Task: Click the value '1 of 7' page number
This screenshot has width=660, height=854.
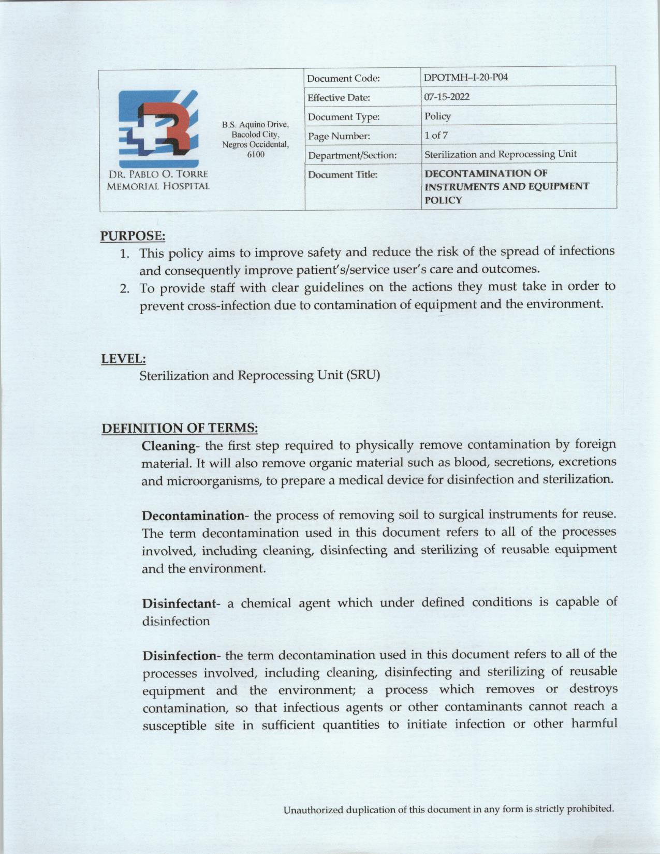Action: point(436,136)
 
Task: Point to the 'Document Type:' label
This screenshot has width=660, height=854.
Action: point(343,117)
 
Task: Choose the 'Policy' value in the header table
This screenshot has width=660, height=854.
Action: point(437,116)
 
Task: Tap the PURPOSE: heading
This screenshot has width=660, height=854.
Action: point(133,236)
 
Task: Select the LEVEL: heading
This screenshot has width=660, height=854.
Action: point(123,358)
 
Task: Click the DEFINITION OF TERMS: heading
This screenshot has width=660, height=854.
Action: point(180,429)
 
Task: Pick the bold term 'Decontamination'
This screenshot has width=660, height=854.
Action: point(193,516)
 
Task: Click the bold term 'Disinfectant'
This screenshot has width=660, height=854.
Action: point(179,603)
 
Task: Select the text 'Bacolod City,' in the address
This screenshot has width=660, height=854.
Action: point(256,135)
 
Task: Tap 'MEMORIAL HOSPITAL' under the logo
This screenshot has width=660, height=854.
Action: point(158,186)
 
